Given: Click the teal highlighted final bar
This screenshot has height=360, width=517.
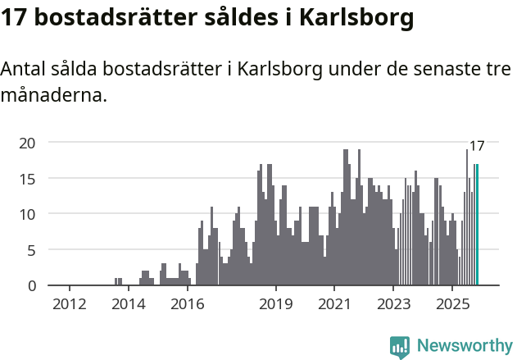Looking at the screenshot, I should pos(477,225).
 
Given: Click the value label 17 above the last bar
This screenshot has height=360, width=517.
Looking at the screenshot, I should pos(477,146).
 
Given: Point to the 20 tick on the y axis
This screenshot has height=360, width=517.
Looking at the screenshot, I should pos(28,143).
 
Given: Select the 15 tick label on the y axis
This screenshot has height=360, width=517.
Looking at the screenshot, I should pos(28,178).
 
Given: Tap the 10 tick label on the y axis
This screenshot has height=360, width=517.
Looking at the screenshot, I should pos(28,214).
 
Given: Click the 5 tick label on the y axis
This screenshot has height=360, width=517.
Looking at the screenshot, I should pos(32,250).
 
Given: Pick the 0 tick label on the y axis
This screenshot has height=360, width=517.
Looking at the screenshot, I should pos(32,285).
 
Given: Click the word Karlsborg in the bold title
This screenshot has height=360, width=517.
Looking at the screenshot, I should pos(351,17).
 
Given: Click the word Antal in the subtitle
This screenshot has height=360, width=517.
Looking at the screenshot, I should pos(24,70).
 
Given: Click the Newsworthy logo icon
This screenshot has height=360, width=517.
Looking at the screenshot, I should pos(400,346).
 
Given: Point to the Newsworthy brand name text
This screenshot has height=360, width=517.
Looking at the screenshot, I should pos(465,346).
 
